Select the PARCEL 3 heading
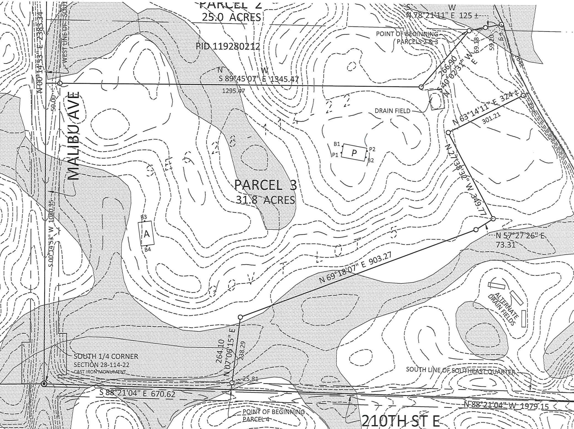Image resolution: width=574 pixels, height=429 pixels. [x=265, y=185]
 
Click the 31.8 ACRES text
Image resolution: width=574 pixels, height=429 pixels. [x=265, y=200]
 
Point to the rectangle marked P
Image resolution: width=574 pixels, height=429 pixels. [x=354, y=153]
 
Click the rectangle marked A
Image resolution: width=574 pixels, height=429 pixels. [x=146, y=234]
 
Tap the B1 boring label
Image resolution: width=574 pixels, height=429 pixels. [x=337, y=144]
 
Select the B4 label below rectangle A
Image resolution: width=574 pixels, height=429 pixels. [x=148, y=250]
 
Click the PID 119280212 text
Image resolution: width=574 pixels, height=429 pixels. [x=228, y=46]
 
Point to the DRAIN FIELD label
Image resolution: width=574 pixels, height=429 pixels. [x=392, y=111]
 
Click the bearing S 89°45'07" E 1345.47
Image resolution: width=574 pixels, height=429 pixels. [x=259, y=79]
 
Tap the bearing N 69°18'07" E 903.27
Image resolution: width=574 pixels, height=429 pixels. [x=355, y=267]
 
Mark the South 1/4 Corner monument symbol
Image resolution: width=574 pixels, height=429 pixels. [x=44, y=384]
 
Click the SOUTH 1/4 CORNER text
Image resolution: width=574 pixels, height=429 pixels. [x=106, y=356]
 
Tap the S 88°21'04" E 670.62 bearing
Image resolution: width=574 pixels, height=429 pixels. [x=137, y=393]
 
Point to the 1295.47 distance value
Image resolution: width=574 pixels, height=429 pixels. [x=233, y=90]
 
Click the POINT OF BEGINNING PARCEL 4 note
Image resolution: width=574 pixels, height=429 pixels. [x=273, y=415]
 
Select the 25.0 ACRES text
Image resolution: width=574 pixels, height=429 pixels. [x=231, y=17]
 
